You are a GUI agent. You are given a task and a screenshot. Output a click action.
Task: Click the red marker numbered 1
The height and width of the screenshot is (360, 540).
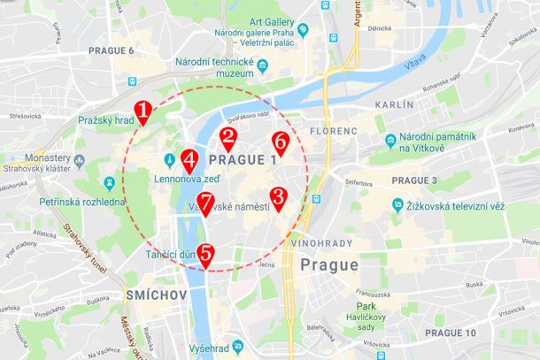(143, 111)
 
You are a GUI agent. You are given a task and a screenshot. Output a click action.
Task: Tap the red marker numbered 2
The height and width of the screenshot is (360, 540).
(228, 137)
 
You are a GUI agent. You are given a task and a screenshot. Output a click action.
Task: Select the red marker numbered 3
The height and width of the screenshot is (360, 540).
(277, 198)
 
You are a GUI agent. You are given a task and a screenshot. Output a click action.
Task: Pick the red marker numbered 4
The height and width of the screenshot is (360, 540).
(189, 160)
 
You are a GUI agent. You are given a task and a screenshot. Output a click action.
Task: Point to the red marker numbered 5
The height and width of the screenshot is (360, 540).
(205, 254)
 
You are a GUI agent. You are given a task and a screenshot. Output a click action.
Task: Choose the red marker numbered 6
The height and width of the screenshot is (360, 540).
(280, 142)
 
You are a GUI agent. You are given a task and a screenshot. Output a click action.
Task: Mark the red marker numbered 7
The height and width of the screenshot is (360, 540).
(204, 203)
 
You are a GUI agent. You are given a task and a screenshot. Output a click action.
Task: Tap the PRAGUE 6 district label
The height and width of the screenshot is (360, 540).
(112, 50)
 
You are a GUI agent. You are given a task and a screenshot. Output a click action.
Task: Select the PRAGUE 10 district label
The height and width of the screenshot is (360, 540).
(450, 333)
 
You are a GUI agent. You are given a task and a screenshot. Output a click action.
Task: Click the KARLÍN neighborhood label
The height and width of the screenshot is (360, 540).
(394, 104)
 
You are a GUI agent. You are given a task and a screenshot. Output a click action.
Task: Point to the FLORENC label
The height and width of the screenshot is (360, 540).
(334, 131)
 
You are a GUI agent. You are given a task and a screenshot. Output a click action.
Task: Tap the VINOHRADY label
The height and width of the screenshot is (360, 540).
(321, 242)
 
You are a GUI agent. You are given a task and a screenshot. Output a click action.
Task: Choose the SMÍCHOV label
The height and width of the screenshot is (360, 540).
(156, 294)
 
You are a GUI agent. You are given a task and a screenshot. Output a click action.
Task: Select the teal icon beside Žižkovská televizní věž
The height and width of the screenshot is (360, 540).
(398, 205)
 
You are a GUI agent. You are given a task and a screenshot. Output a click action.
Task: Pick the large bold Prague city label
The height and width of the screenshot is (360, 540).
(328, 264)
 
